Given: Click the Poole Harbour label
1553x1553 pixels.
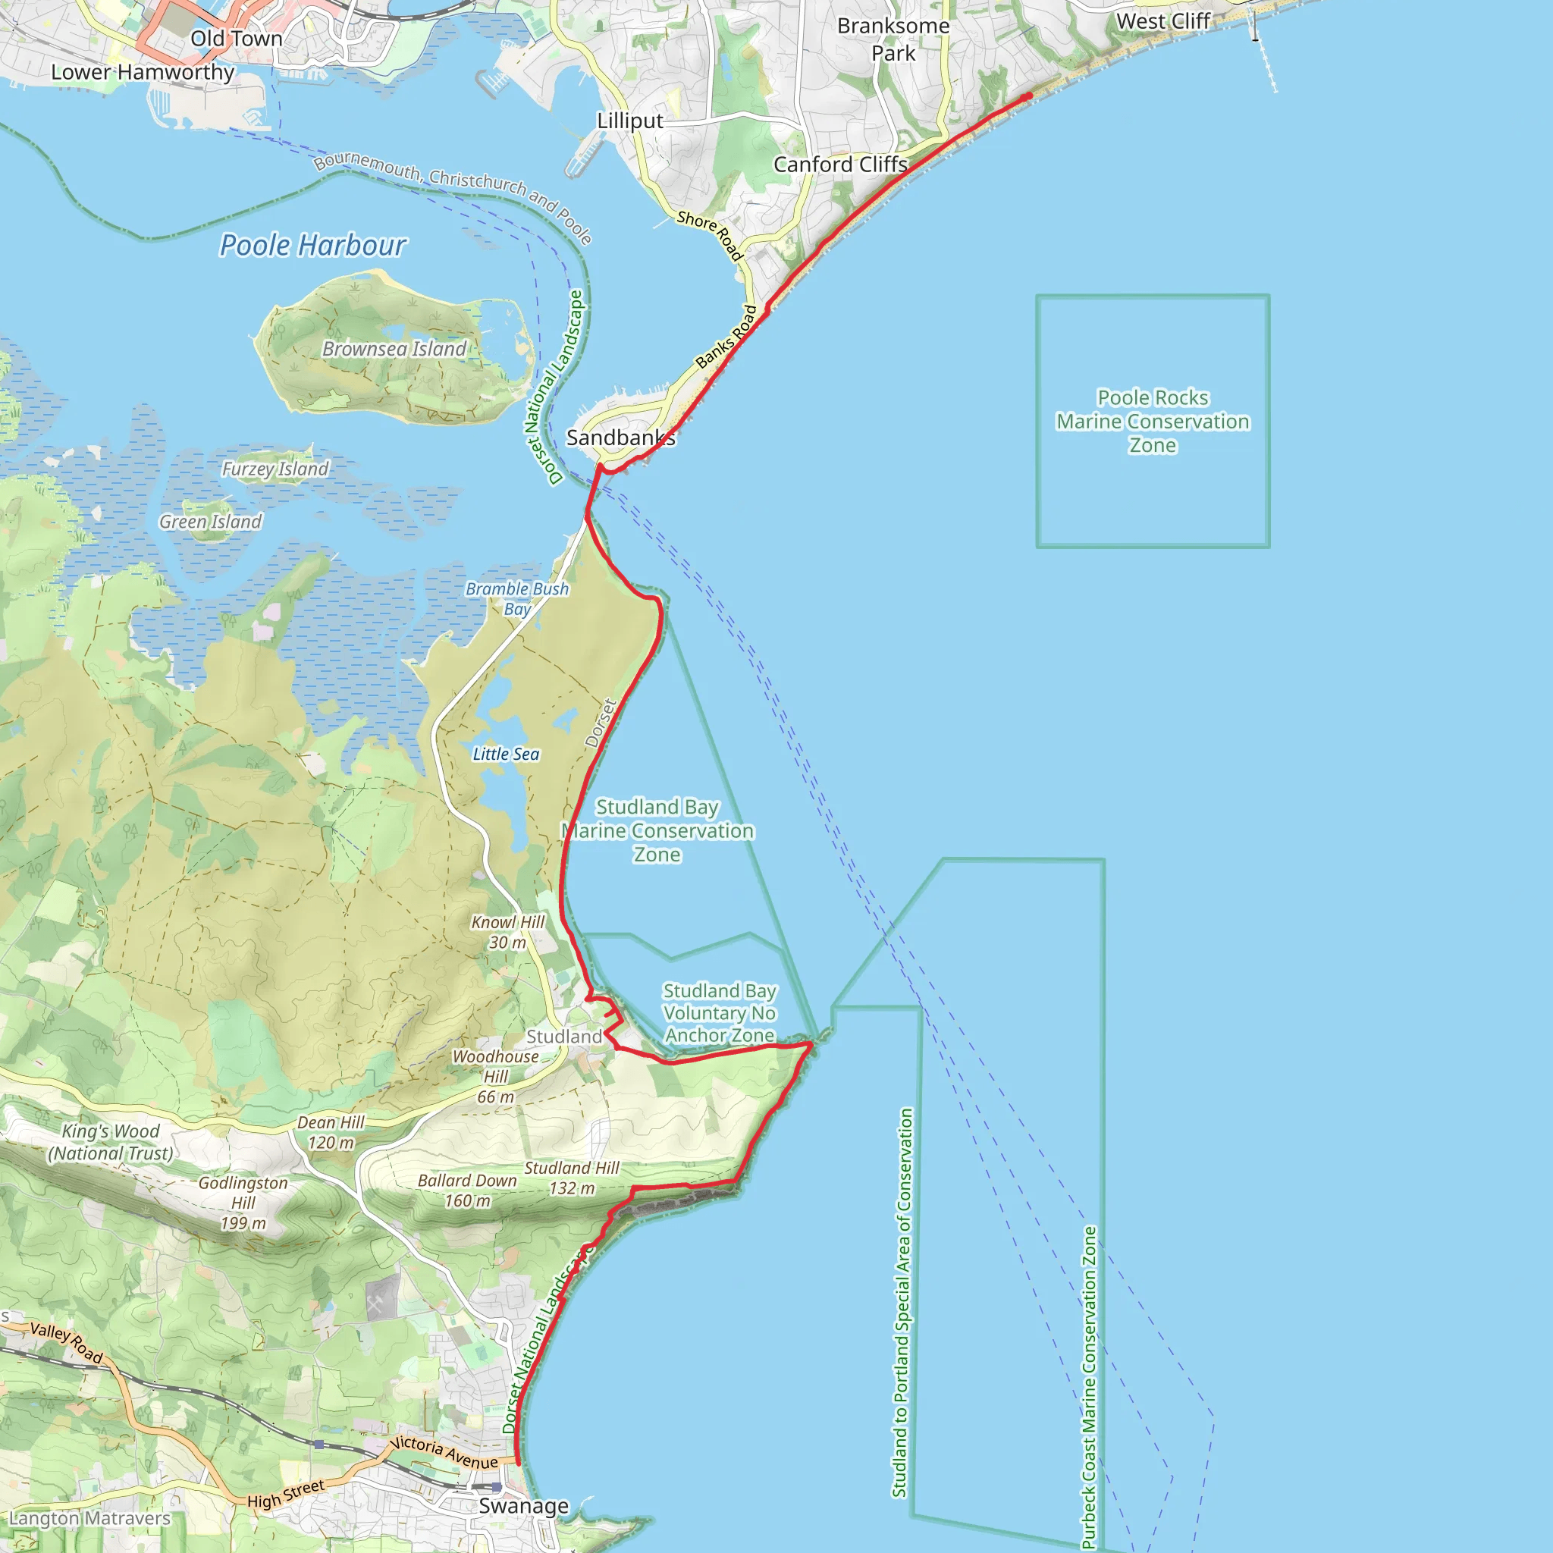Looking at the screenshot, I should coord(312,245).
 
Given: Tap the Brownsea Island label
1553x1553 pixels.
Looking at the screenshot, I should coord(394,349).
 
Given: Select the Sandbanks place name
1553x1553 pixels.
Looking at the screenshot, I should coord(620,438).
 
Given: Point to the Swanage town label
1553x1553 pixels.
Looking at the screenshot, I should coord(523,1505).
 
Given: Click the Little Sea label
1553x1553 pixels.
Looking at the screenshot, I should coord(506,754).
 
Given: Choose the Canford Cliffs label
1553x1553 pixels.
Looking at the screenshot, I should coord(840,165).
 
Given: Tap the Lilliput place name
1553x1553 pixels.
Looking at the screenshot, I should coord(629,121).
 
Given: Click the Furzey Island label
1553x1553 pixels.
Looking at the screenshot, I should coord(275,469).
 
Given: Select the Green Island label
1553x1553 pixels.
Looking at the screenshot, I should coord(211,522).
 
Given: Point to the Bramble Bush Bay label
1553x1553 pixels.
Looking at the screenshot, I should coord(517,599).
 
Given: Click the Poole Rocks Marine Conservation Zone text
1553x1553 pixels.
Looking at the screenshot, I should coord(1153,421).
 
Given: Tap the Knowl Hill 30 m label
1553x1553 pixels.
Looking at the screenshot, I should coord(508,933).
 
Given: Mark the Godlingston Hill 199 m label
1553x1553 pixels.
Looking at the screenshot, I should coord(243,1203).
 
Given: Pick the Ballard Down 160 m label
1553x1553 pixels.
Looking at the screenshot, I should coord(467,1191).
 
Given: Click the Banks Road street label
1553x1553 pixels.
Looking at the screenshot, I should coord(726,337).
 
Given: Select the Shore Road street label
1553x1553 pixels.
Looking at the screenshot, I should coord(710,235).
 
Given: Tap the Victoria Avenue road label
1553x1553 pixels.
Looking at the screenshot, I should coord(444,1451).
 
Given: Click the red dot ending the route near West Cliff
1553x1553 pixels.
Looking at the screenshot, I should coord(1028,96).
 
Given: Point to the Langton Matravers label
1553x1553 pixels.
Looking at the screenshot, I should coord(90,1518).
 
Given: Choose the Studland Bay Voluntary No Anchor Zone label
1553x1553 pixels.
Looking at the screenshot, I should coord(720,1013).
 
